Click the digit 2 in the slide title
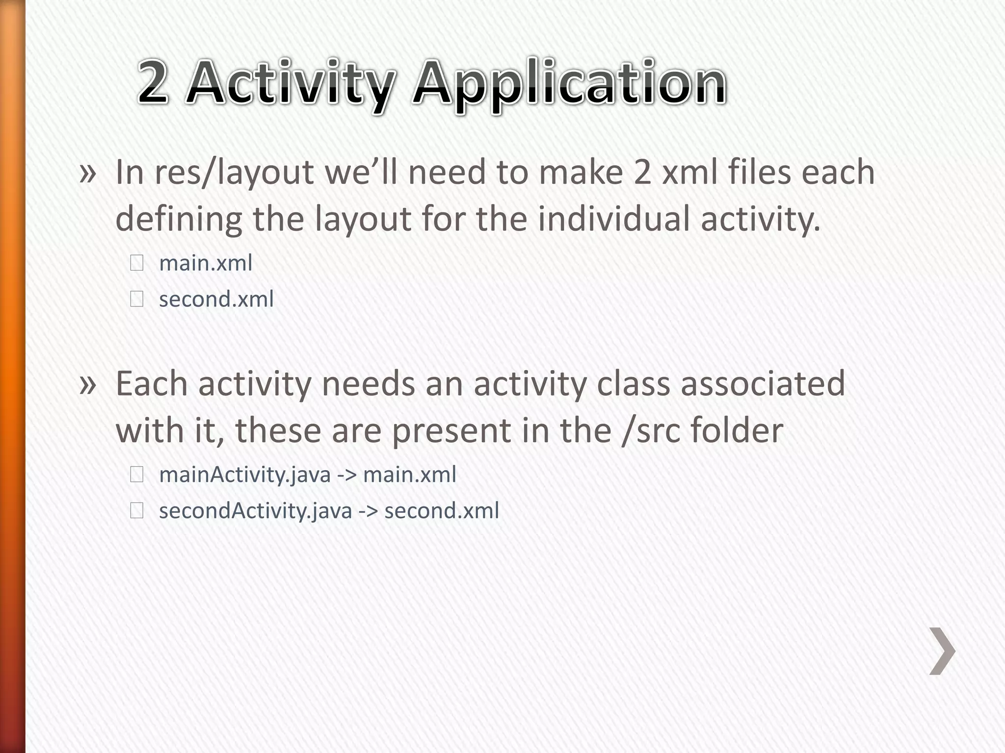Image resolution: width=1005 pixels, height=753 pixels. [x=153, y=82]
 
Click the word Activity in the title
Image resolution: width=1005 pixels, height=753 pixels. [x=291, y=83]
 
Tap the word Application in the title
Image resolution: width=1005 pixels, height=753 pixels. [x=569, y=83]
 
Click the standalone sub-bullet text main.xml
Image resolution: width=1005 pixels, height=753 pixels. [x=206, y=263]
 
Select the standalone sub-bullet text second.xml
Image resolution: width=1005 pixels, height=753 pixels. [x=216, y=300]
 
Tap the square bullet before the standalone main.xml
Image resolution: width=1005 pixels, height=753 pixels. [x=136, y=264]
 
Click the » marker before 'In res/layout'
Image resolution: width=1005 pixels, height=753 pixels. [x=87, y=174]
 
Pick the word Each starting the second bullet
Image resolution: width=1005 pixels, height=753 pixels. [x=151, y=384]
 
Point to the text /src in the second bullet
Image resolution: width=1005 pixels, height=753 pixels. [x=651, y=430]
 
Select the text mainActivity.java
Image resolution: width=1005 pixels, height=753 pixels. [x=245, y=475]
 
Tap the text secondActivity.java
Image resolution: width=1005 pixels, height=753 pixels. [x=256, y=511]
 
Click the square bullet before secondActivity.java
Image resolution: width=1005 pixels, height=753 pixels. [x=136, y=511]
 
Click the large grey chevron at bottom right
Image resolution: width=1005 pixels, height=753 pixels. [x=942, y=651]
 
